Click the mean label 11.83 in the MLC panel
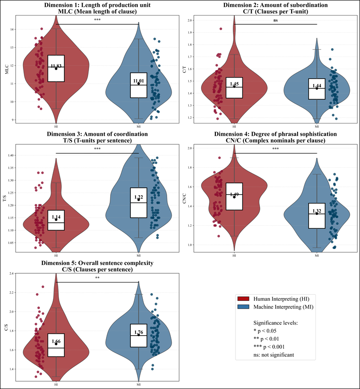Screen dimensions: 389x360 coord(56,66)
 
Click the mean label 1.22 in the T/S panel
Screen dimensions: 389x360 coord(139,197)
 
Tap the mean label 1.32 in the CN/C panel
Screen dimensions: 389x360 coord(317,211)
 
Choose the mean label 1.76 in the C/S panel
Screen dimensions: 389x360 coord(139,332)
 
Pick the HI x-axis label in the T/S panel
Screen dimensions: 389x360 coord(56,255)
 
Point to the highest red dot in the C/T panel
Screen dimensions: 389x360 coord(220,28)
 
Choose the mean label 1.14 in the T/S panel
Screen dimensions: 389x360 coord(56,217)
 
